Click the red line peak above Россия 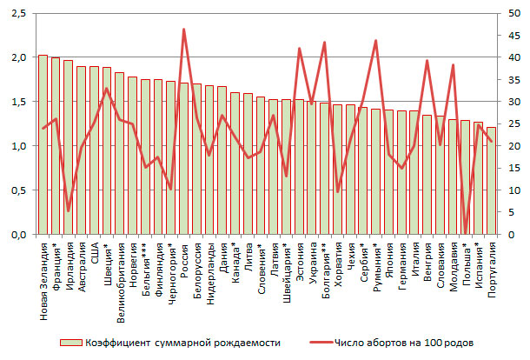point(183,30)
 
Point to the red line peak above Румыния point(375,41)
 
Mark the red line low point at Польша point(466,232)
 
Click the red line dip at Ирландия point(69,210)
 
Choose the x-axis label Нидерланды point(209,276)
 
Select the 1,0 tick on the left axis point(17,146)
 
